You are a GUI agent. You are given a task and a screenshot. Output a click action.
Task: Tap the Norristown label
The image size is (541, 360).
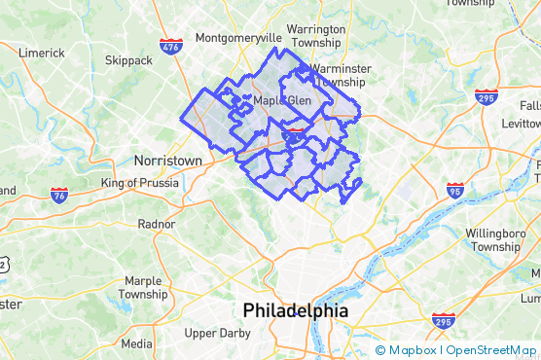[x=167, y=160]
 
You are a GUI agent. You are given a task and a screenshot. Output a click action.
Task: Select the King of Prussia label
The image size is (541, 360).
[x=139, y=182]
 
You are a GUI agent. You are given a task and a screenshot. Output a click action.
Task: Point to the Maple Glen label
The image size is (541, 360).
[x=281, y=99]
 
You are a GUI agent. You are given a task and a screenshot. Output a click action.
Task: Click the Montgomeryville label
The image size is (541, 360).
[x=238, y=38]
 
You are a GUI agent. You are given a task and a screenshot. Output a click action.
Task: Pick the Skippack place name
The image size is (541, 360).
[x=128, y=60]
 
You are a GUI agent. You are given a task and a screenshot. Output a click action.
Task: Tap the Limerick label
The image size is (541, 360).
[x=41, y=53]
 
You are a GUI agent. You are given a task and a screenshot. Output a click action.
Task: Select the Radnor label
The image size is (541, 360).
[x=157, y=223]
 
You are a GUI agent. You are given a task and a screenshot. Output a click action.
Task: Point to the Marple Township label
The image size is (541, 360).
[x=143, y=288]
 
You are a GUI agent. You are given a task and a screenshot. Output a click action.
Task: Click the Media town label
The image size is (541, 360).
[x=136, y=343]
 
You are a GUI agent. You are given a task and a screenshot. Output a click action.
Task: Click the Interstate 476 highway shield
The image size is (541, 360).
[x=170, y=44]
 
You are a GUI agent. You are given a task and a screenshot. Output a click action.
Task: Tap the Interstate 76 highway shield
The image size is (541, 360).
[x=59, y=195]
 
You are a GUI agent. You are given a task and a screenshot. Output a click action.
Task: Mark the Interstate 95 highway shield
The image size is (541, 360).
[x=455, y=189]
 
